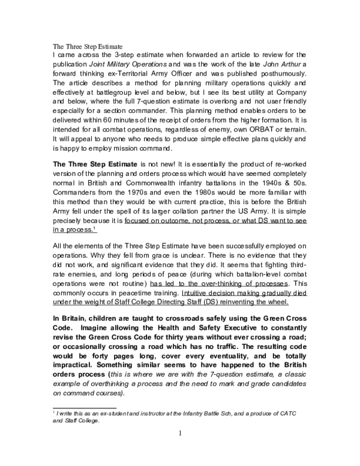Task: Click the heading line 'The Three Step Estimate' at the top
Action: coord(88,46)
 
